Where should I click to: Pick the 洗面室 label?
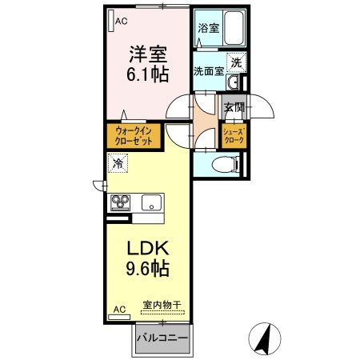tap(209, 70)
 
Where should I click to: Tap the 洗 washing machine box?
tap(238, 62)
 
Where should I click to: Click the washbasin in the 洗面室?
tap(234, 84)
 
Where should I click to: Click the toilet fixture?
tap(226, 164)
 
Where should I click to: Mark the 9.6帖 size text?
tap(146, 269)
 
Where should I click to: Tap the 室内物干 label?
tap(162, 305)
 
